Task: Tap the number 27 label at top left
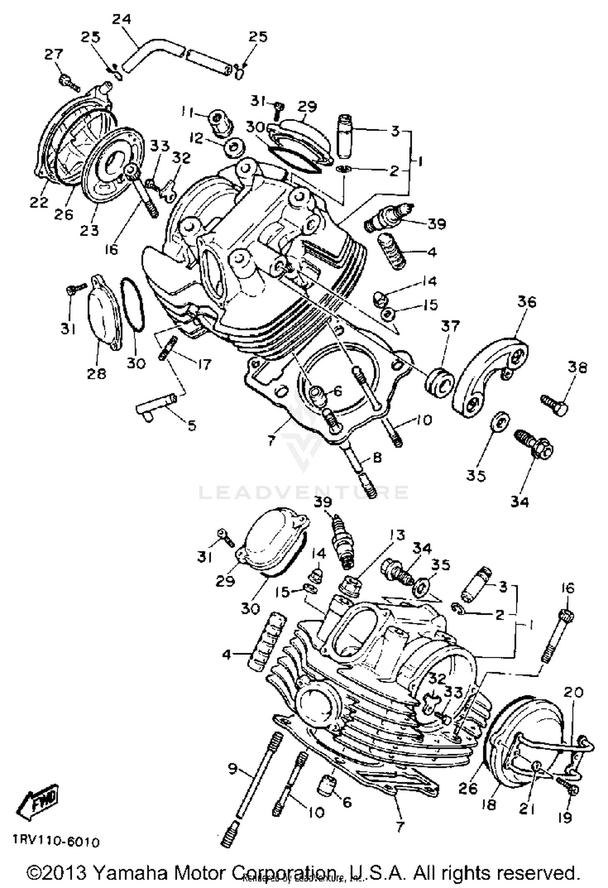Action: [54, 54]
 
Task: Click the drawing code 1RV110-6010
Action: [56, 842]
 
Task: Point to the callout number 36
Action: [527, 302]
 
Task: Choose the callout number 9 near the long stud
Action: [232, 767]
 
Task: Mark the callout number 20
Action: [573, 692]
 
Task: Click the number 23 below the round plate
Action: [89, 230]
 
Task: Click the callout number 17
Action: [204, 365]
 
